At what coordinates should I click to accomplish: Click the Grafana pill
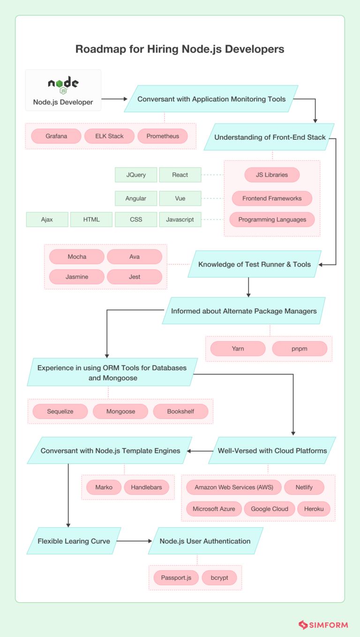pyautogui.click(x=56, y=136)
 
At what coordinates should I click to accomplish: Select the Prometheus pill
pyautogui.click(x=163, y=136)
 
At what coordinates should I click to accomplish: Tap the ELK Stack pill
pyautogui.click(x=109, y=136)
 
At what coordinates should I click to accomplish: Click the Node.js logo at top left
pyautogui.click(x=63, y=84)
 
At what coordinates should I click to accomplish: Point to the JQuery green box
pyautogui.click(x=136, y=175)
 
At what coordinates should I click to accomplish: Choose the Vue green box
pyautogui.click(x=180, y=198)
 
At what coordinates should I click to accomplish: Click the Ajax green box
pyautogui.click(x=47, y=220)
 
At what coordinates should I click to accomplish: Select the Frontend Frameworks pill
pyautogui.click(x=272, y=198)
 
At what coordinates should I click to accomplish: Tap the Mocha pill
pyautogui.click(x=77, y=257)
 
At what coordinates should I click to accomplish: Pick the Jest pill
pyautogui.click(x=135, y=277)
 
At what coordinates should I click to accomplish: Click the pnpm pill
pyautogui.click(x=300, y=349)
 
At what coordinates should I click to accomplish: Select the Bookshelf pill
pyautogui.click(x=180, y=411)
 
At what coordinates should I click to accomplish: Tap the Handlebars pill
pyautogui.click(x=146, y=487)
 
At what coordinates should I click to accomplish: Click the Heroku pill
pyautogui.click(x=314, y=509)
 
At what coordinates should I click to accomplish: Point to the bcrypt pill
pyautogui.click(x=219, y=577)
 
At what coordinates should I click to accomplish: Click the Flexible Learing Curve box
pyautogui.click(x=74, y=541)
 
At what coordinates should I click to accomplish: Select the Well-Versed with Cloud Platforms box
pyautogui.click(x=272, y=451)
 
